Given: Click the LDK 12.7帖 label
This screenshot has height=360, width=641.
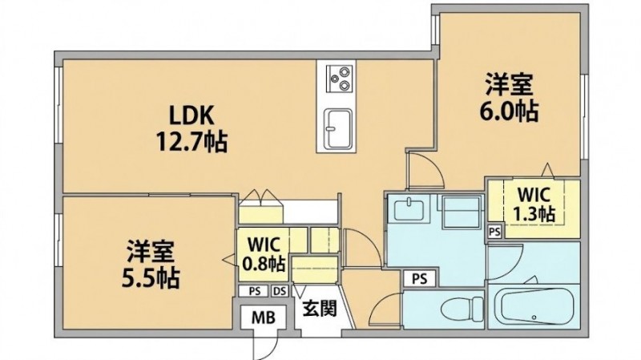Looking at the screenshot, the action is coord(192,128).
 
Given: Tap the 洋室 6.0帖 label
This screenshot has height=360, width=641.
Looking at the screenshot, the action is coord(509,97).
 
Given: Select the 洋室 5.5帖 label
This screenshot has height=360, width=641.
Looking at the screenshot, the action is coord(151,265).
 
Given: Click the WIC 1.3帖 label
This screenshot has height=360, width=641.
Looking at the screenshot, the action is coord(534,204).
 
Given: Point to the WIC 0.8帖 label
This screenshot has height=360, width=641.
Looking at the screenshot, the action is coord(264,254).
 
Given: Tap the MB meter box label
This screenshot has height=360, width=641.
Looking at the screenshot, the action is coord(264,318).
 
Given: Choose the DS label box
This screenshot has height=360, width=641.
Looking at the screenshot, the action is coord(280,291).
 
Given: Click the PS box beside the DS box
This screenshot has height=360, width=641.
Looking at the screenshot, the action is coord(255,291).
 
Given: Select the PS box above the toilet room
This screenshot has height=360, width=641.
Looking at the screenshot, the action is coord(419,279).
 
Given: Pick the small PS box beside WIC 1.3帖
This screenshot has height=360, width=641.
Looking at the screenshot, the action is coord(494,232).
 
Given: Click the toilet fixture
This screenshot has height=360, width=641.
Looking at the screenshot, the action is coord(464,308).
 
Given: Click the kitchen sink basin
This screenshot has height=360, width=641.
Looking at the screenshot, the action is coord(338,129).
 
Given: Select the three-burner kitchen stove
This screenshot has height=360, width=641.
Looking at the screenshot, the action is coord(339,79).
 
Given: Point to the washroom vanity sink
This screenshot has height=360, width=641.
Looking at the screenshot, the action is coord(409,208).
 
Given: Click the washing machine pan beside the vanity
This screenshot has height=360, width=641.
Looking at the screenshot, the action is coord(462,212).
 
